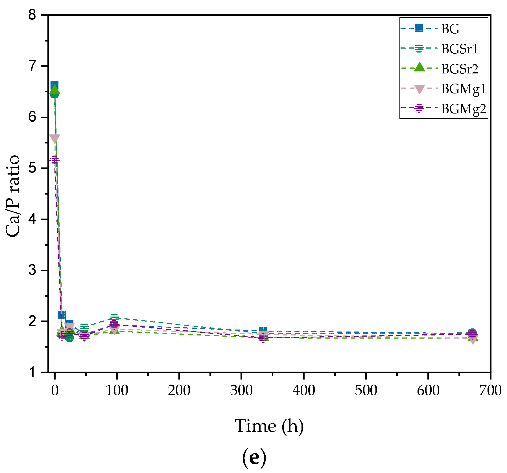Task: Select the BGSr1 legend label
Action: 460,49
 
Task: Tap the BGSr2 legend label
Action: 460,69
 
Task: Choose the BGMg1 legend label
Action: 463,89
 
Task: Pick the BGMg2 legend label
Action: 464,109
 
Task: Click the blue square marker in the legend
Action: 419,28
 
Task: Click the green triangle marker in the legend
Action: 419,67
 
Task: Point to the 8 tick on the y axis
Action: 32,15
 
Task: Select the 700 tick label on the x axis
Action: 490,391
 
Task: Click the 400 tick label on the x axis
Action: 303,391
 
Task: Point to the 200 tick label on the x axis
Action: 179,391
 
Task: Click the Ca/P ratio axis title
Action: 13,196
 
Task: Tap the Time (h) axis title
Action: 269,426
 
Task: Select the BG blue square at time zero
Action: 54,85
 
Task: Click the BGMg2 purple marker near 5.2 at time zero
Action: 54,160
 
